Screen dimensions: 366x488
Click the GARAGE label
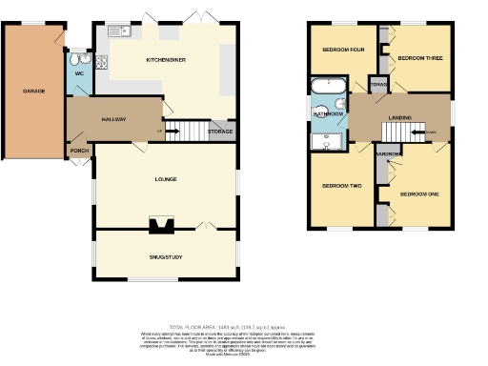point(34,91)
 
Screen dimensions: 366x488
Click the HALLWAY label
point(114,119)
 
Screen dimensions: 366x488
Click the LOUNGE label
point(166,178)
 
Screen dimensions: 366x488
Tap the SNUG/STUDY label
point(166,257)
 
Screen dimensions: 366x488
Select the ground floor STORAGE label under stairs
point(220,131)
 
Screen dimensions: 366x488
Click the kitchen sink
point(119,30)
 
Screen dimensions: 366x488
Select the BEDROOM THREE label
point(420,58)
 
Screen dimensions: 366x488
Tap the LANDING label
point(399,117)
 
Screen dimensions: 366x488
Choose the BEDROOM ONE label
point(419,194)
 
